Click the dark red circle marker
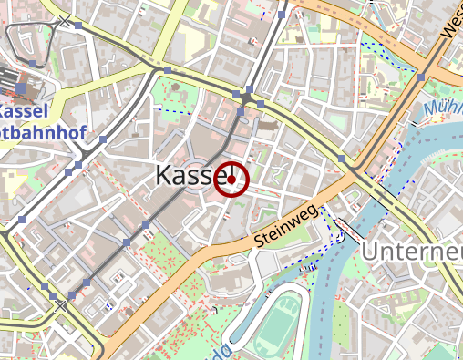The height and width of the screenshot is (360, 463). (232, 179)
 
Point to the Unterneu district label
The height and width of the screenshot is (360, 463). (412, 251)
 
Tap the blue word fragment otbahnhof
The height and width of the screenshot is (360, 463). (44, 133)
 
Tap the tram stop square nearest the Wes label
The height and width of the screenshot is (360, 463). (420, 77)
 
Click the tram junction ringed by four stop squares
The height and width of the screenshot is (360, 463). (246, 97)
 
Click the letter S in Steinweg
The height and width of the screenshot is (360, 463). (260, 242)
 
